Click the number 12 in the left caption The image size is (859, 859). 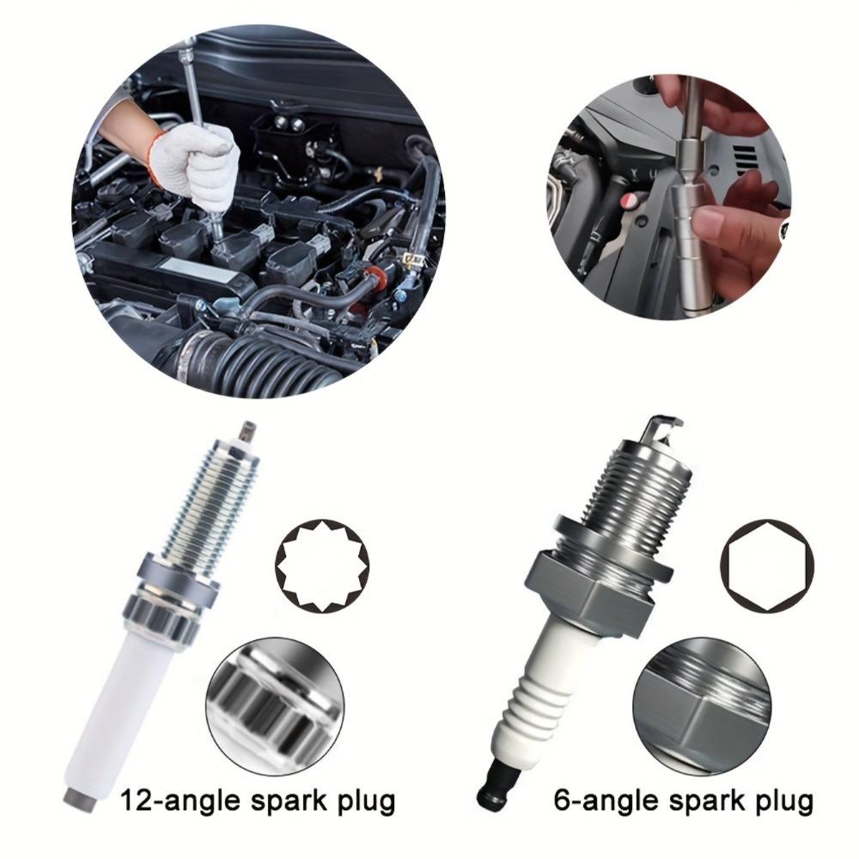137,801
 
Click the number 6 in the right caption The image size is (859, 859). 563,801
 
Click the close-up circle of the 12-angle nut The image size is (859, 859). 275,705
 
